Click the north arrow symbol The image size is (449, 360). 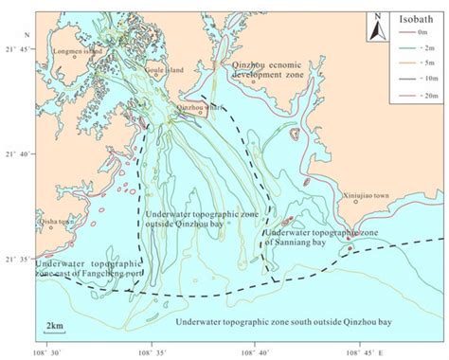pyautogui.click(x=377, y=27)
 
